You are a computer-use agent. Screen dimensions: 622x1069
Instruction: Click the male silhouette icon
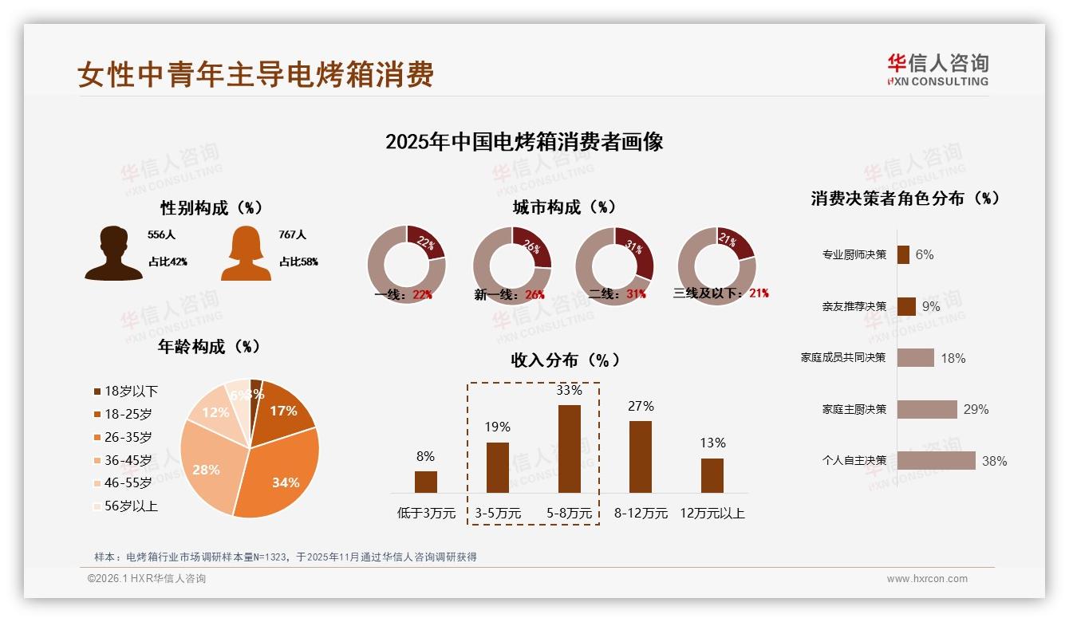pyautogui.click(x=113, y=254)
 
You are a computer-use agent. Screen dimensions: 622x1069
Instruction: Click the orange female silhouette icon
pyautogui.click(x=246, y=254)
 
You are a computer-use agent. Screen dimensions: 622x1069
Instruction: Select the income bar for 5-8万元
pyautogui.click(x=569, y=448)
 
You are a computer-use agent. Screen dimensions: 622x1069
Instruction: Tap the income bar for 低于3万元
pyautogui.click(x=426, y=482)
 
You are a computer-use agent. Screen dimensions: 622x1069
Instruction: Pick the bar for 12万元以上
pyautogui.click(x=712, y=475)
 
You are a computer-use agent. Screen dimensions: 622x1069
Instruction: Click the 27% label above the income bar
pyautogui.click(x=641, y=406)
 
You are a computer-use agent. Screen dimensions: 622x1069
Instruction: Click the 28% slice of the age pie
pyautogui.click(x=206, y=463)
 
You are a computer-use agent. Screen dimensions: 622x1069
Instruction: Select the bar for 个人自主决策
pyautogui.click(x=936, y=460)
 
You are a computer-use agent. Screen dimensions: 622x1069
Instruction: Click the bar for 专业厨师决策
pyautogui.click(x=903, y=254)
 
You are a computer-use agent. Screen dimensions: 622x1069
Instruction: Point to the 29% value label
pyautogui.click(x=976, y=409)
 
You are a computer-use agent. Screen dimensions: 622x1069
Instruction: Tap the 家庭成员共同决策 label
pyautogui.click(x=843, y=357)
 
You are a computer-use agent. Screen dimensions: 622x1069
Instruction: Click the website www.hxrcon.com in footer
pyautogui.click(x=927, y=579)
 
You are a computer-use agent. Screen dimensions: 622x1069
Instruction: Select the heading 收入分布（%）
pyautogui.click(x=565, y=360)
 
